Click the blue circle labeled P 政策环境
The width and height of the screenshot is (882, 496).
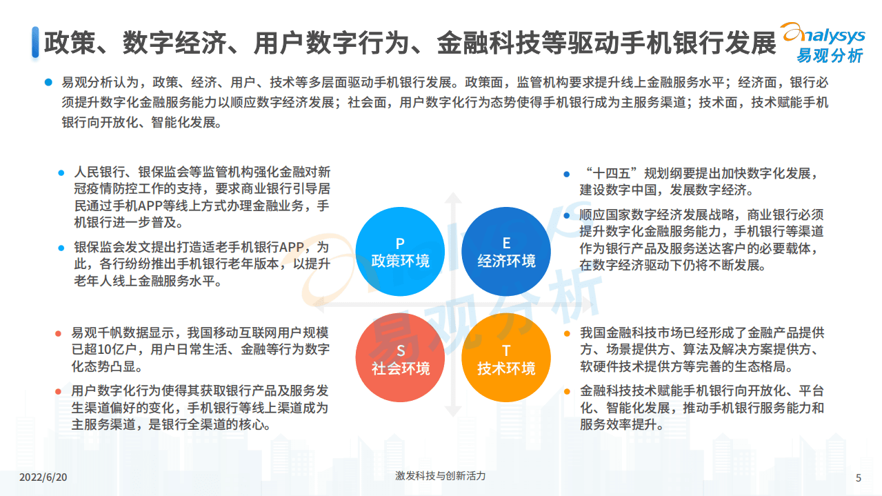coord(400,252)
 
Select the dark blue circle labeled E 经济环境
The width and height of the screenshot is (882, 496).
coord(506,252)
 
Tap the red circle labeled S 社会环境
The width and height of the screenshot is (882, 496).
coord(400,358)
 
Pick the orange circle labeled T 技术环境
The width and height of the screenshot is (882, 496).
coord(506,358)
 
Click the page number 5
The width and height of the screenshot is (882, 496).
coord(858,477)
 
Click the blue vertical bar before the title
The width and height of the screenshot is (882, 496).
coord(34,42)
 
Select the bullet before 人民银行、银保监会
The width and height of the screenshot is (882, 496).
coord(61,172)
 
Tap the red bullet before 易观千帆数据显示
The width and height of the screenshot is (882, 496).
coord(59,334)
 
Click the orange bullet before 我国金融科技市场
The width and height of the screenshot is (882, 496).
coord(566,334)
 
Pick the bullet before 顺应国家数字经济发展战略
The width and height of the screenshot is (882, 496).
coord(566,215)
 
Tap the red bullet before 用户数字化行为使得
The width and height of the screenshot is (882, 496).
coord(59,392)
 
